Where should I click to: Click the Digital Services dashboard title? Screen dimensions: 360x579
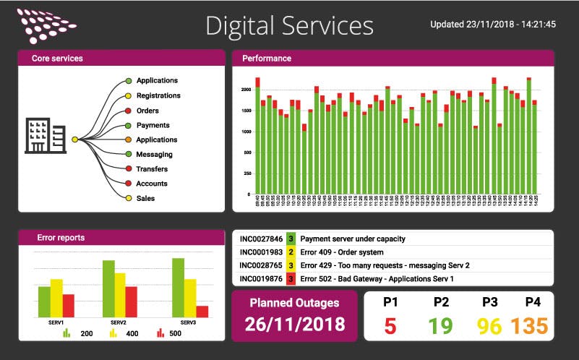(x=289, y=25)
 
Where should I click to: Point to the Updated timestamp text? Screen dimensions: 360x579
(x=493, y=24)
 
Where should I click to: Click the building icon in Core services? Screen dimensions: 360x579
(x=46, y=136)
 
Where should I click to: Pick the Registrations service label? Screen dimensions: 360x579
(x=158, y=95)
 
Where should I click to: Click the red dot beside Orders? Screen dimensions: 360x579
(x=128, y=111)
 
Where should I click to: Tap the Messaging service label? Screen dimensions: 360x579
(x=154, y=154)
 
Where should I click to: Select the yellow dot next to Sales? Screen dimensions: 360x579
(x=128, y=198)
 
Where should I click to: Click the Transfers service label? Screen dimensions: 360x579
(x=152, y=169)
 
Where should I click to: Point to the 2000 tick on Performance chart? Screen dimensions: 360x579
(x=246, y=90)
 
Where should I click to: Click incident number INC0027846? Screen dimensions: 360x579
(x=261, y=239)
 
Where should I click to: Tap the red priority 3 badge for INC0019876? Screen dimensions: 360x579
(x=291, y=278)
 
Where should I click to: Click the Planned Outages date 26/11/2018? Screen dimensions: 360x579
(x=294, y=324)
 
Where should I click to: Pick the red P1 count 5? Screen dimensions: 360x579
(x=390, y=326)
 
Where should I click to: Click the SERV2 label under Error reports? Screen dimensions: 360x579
(x=119, y=322)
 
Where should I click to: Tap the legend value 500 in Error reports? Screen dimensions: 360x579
(x=175, y=334)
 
